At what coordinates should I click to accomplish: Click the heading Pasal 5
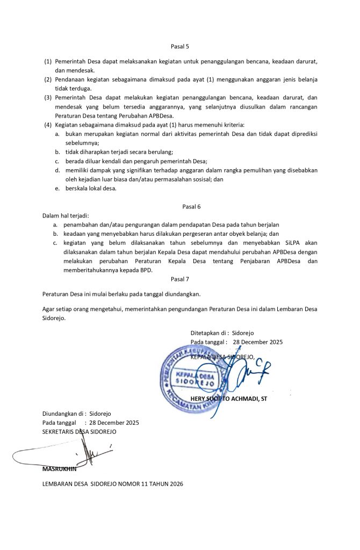point(179,46)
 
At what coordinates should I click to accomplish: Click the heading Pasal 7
point(179,279)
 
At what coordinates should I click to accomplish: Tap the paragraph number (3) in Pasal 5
point(48,98)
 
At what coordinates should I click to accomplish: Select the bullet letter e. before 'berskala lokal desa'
point(57,189)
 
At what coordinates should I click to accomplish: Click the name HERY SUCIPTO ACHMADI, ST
point(229,399)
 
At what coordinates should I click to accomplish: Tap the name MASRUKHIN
point(59,469)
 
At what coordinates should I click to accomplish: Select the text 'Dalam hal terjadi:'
point(66,215)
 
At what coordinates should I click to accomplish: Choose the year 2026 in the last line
point(174,484)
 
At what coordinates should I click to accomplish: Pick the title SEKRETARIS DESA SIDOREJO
point(79,432)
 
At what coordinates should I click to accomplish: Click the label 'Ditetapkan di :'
point(210,333)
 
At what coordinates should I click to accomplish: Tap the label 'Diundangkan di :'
point(64,414)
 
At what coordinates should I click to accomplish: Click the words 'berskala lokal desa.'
point(91,189)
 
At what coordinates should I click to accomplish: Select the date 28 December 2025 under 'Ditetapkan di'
point(258,342)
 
